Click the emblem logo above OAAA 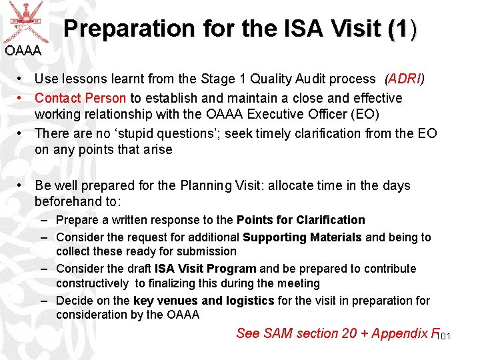pos(24,21)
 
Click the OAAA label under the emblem pos(23,51)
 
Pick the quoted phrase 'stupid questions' pos(169,133)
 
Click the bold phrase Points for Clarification pos(301,220)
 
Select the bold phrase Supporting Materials pos(302,237)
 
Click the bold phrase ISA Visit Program pos(205,269)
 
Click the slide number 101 pos(444,336)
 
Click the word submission pos(206,251)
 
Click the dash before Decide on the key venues pos(43,301)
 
